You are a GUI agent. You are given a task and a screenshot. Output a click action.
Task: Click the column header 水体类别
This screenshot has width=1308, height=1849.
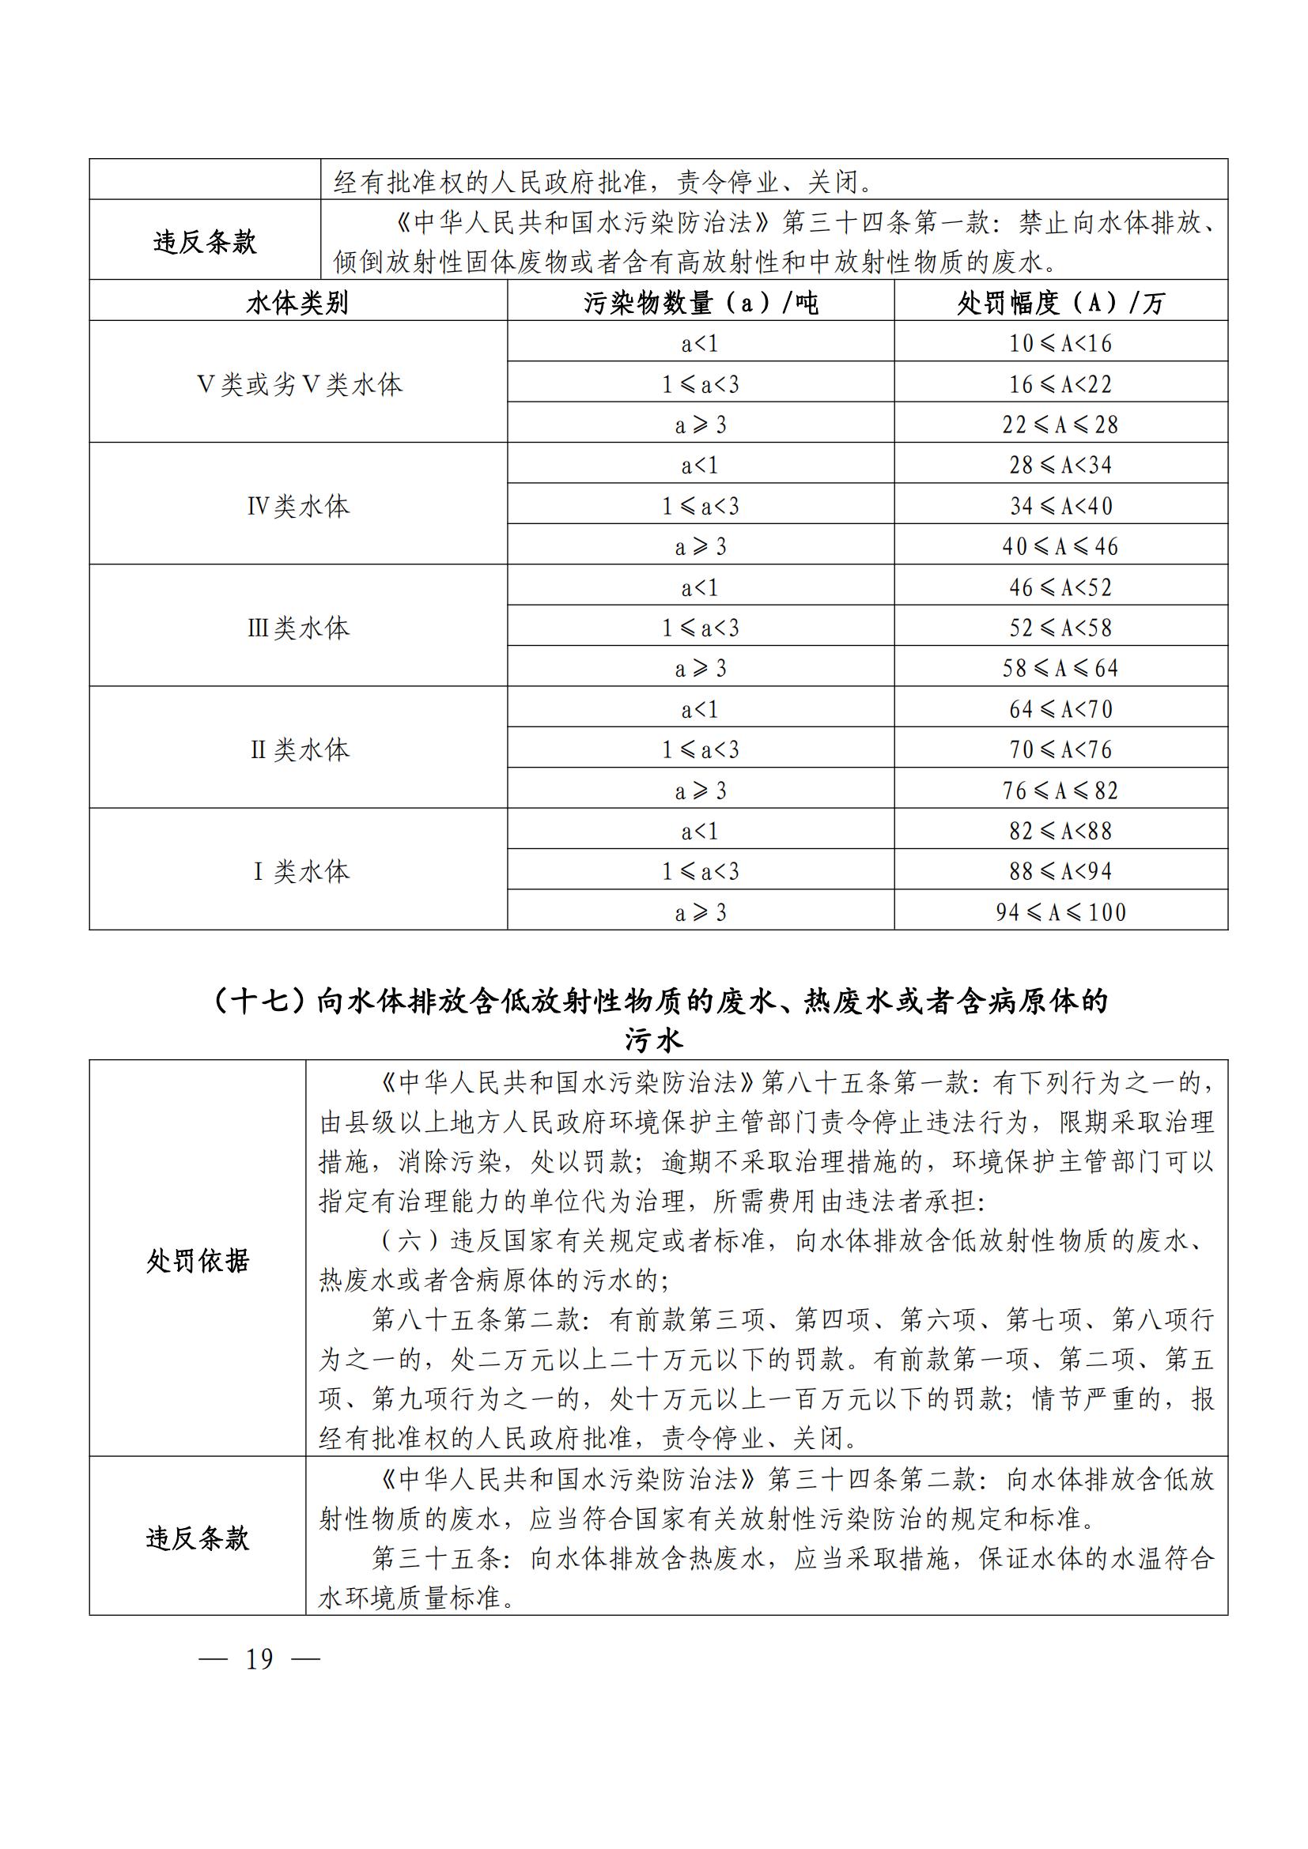[297, 303]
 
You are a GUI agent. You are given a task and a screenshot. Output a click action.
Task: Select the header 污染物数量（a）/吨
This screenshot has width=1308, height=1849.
[700, 303]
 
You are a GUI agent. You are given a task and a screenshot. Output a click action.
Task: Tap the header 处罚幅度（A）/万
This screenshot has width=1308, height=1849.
[1060, 303]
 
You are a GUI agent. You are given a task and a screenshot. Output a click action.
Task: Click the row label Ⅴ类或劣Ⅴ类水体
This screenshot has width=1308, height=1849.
[299, 384]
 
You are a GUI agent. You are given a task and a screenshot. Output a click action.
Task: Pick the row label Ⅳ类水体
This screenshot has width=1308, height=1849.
[298, 506]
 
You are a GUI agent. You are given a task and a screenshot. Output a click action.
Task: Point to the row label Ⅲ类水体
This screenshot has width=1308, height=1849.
[298, 628]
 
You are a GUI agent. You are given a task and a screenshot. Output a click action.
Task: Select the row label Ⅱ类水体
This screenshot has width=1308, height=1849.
[299, 749]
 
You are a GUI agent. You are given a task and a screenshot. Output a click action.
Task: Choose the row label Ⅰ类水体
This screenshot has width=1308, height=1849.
[301, 871]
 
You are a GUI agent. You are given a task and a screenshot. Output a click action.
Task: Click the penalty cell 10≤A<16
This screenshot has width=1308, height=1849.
[1060, 344]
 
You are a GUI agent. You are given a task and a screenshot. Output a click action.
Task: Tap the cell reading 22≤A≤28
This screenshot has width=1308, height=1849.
[1060, 425]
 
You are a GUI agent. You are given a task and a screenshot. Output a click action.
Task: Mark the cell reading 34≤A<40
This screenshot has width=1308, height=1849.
[1060, 506]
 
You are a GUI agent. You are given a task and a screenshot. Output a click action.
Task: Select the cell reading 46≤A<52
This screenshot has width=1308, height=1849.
[1060, 587]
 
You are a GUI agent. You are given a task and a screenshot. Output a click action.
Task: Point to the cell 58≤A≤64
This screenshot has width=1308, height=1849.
[1060, 668]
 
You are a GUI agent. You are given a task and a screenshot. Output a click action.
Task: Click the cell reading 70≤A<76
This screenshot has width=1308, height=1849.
[1060, 749]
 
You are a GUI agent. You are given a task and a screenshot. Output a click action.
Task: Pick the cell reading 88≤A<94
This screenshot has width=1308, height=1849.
[1060, 870]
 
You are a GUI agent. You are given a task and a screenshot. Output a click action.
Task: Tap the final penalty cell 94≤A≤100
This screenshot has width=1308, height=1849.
[1060, 911]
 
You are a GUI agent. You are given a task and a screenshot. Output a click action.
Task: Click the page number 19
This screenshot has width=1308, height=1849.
[259, 1659]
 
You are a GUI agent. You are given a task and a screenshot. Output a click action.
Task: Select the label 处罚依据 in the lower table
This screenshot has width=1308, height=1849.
[198, 1260]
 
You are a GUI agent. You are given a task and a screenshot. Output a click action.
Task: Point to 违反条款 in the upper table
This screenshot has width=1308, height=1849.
[205, 242]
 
